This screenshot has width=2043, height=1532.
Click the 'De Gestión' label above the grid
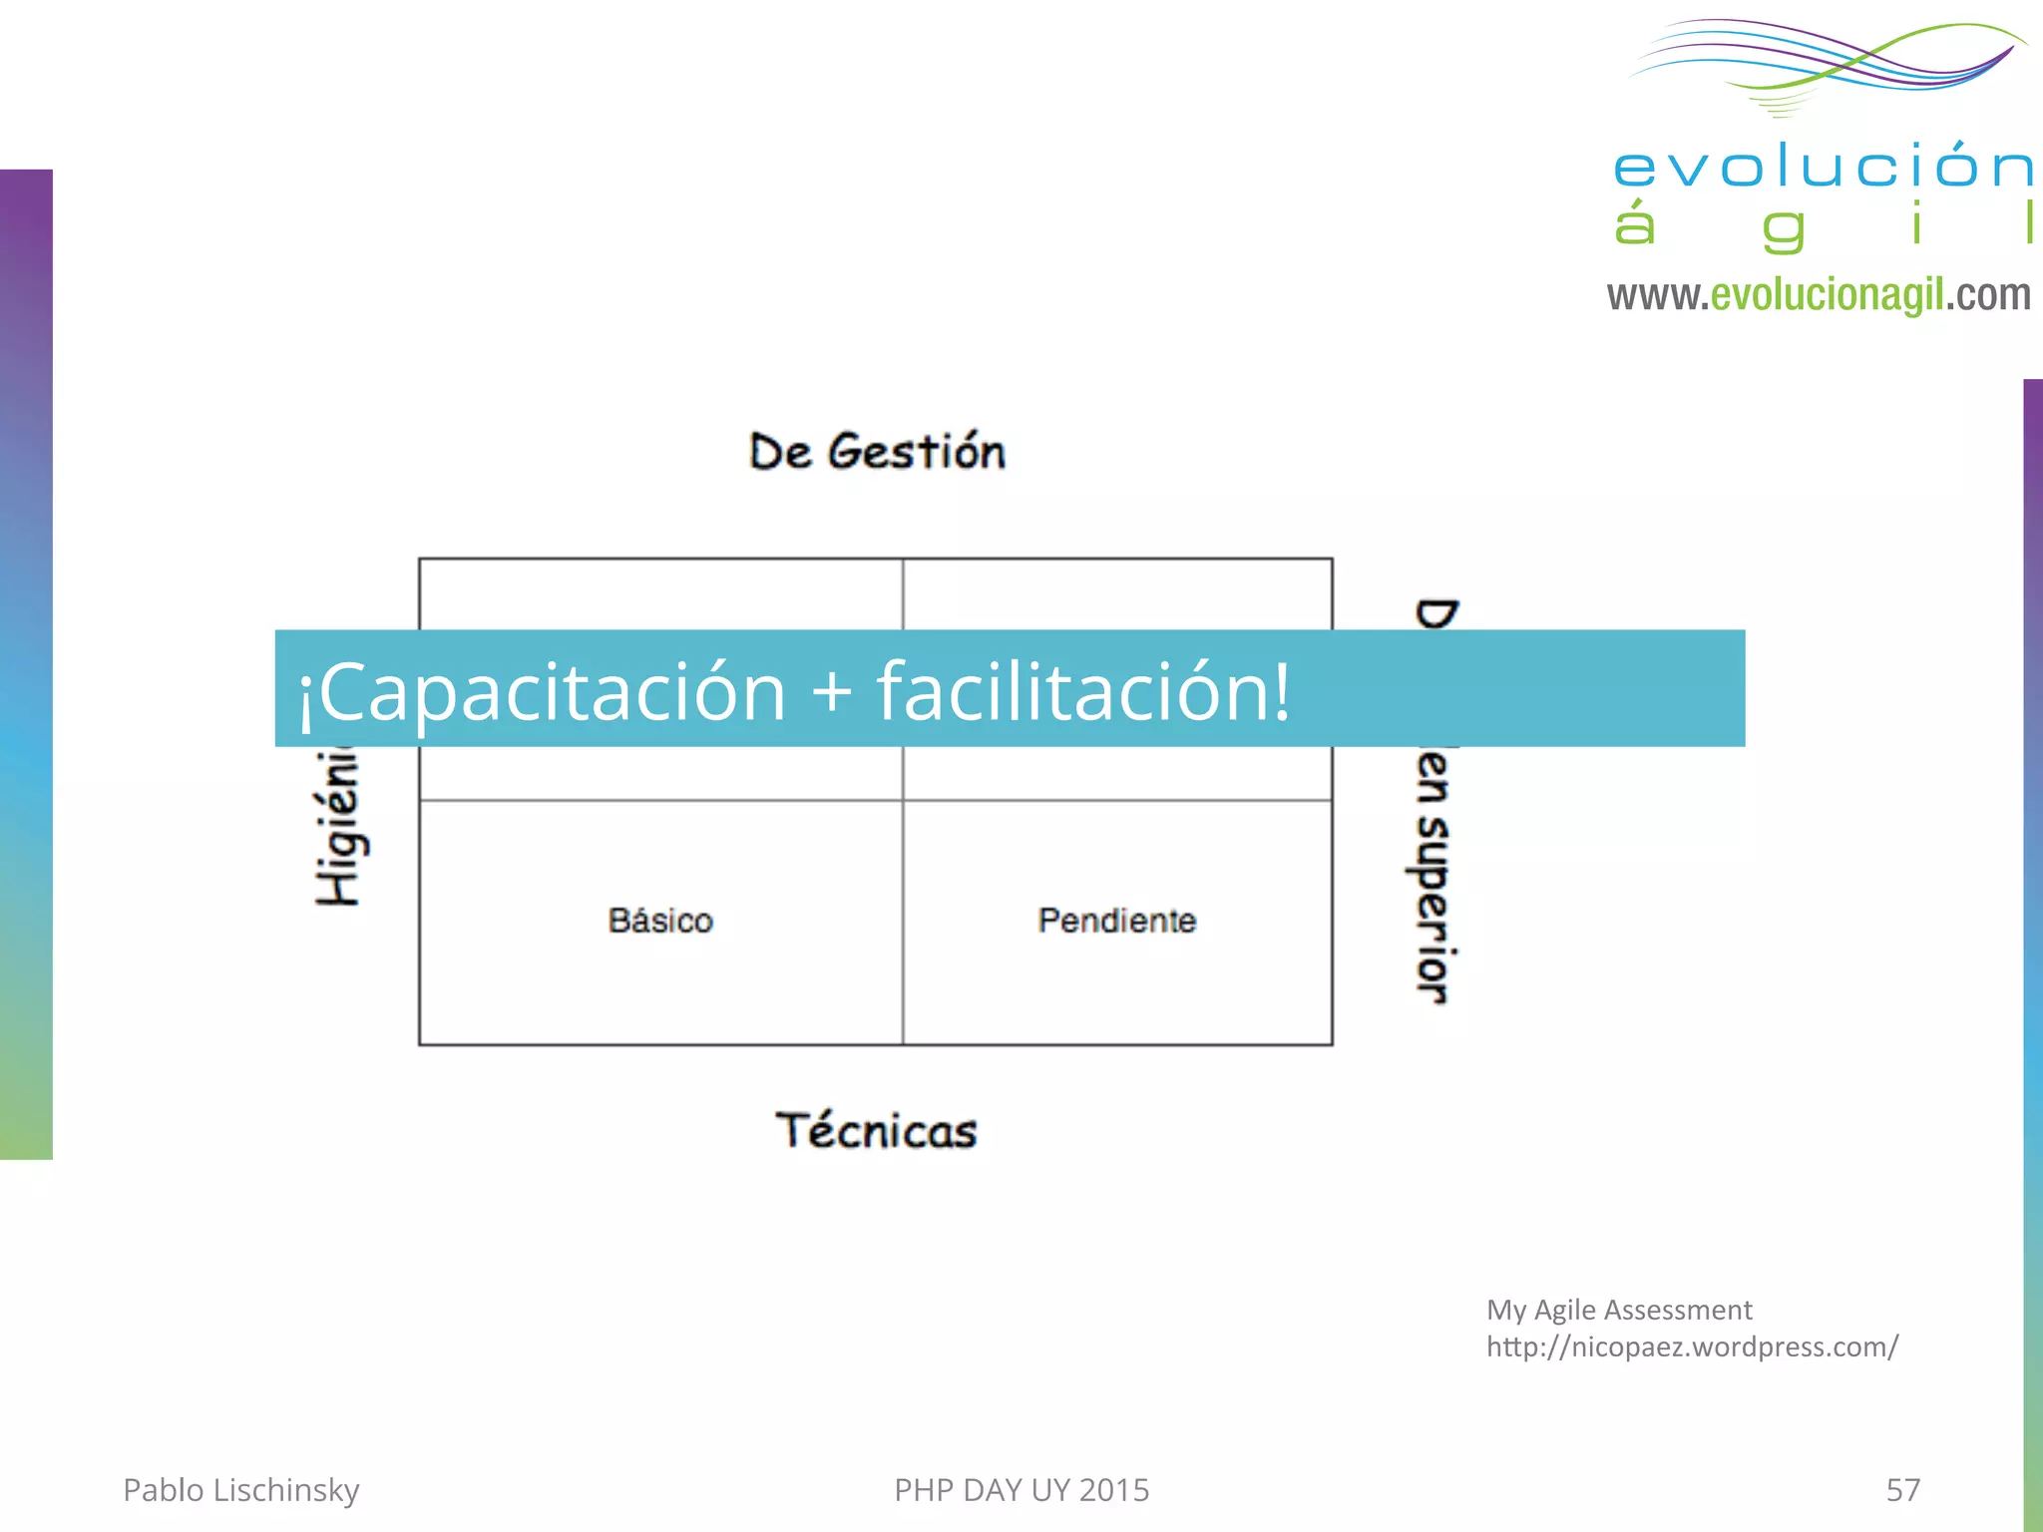[877, 452]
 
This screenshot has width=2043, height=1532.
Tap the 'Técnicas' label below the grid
[876, 1131]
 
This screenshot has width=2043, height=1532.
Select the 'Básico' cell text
[660, 920]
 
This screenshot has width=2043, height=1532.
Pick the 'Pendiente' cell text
[1116, 920]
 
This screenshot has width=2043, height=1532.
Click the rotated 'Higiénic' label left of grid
[338, 827]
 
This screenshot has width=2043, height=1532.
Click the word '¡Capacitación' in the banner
[543, 691]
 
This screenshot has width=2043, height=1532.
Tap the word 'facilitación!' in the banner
[1083, 691]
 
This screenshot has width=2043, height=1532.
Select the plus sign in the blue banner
[832, 692]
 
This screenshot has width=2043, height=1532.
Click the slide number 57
[1902, 1490]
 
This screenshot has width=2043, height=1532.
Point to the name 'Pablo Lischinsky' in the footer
[240, 1490]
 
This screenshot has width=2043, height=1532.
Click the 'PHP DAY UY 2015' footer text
[1021, 1490]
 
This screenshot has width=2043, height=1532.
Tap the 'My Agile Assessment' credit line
[1619, 1310]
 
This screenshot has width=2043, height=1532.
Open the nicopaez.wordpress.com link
[1692, 1346]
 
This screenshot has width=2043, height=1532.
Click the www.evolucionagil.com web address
[1819, 294]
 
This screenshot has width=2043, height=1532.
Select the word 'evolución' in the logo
[1824, 166]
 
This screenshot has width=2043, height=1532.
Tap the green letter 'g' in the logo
[1783, 229]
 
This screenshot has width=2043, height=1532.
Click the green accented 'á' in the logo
[1635, 222]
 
